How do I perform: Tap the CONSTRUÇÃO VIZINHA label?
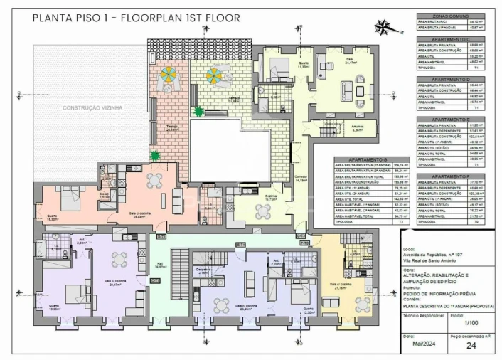tap(92, 107)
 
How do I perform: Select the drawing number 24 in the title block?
tap(471, 346)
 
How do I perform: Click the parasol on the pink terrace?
tap(169, 74)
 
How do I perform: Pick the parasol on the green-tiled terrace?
tap(213, 74)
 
